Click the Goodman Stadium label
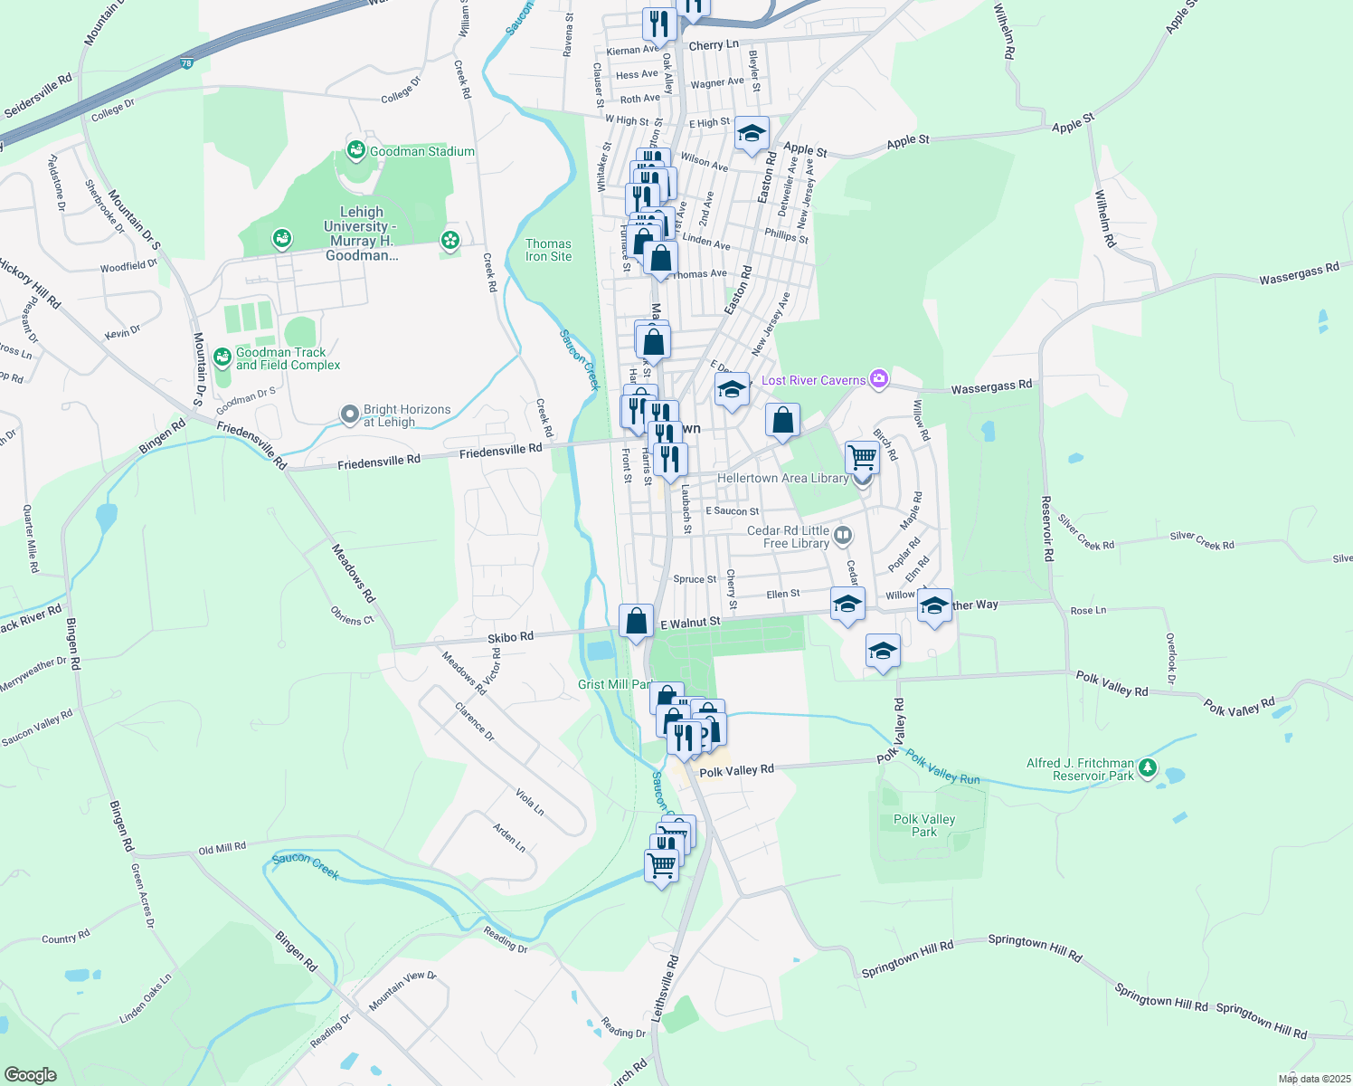point(421,151)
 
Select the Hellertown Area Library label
point(782,478)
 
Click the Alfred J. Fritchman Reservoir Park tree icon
point(1148,768)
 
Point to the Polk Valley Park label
point(923,825)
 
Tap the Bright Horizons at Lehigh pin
point(350,414)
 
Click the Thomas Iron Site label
point(548,250)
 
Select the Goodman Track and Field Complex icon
point(222,357)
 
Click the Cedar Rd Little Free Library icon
point(843,536)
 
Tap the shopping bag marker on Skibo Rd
point(636,621)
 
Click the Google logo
point(30,1074)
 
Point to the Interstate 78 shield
point(186,63)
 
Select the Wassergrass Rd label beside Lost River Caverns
point(991,386)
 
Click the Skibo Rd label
point(511,637)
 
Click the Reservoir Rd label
point(1046,529)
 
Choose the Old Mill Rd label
point(222,849)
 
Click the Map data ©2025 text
point(1313,1079)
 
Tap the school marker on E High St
point(752,134)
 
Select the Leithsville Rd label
point(664,988)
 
